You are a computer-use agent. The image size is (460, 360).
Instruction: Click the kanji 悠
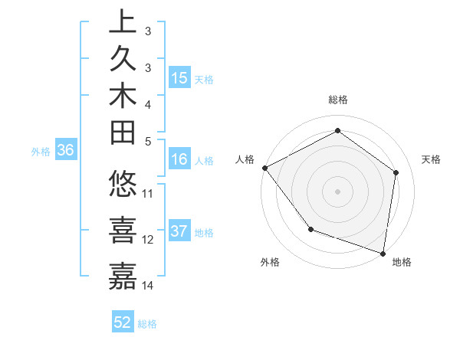tap(123, 185)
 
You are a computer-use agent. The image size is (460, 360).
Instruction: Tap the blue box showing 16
tap(179, 160)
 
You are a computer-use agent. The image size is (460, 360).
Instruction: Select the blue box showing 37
tap(179, 232)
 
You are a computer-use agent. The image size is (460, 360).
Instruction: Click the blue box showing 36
tap(65, 151)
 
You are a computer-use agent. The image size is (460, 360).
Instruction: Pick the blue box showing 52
tap(123, 323)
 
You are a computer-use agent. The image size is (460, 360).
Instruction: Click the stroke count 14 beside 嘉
tap(148, 286)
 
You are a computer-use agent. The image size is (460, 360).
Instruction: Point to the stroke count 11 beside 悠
tap(148, 193)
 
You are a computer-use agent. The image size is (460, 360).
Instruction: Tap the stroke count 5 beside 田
tap(148, 140)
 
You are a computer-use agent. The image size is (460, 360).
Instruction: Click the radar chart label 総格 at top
tap(337, 100)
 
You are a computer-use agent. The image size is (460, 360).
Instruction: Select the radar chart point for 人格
tap(264, 168)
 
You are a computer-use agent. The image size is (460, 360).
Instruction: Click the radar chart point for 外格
tap(310, 228)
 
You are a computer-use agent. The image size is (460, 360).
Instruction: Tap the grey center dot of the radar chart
tap(337, 191)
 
